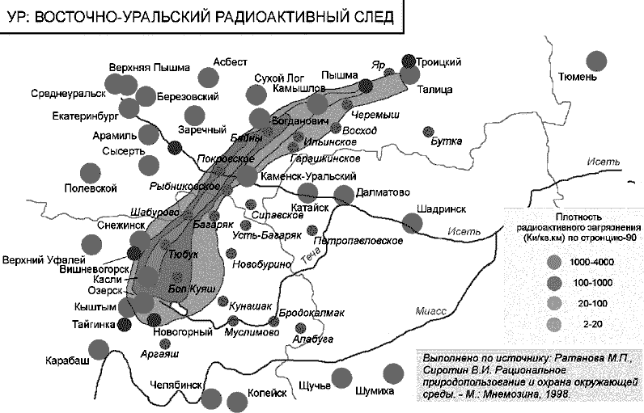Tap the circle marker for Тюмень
coord(597,61)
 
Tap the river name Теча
coord(311,258)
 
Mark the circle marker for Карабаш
coord(98,349)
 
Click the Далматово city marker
coord(344,194)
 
